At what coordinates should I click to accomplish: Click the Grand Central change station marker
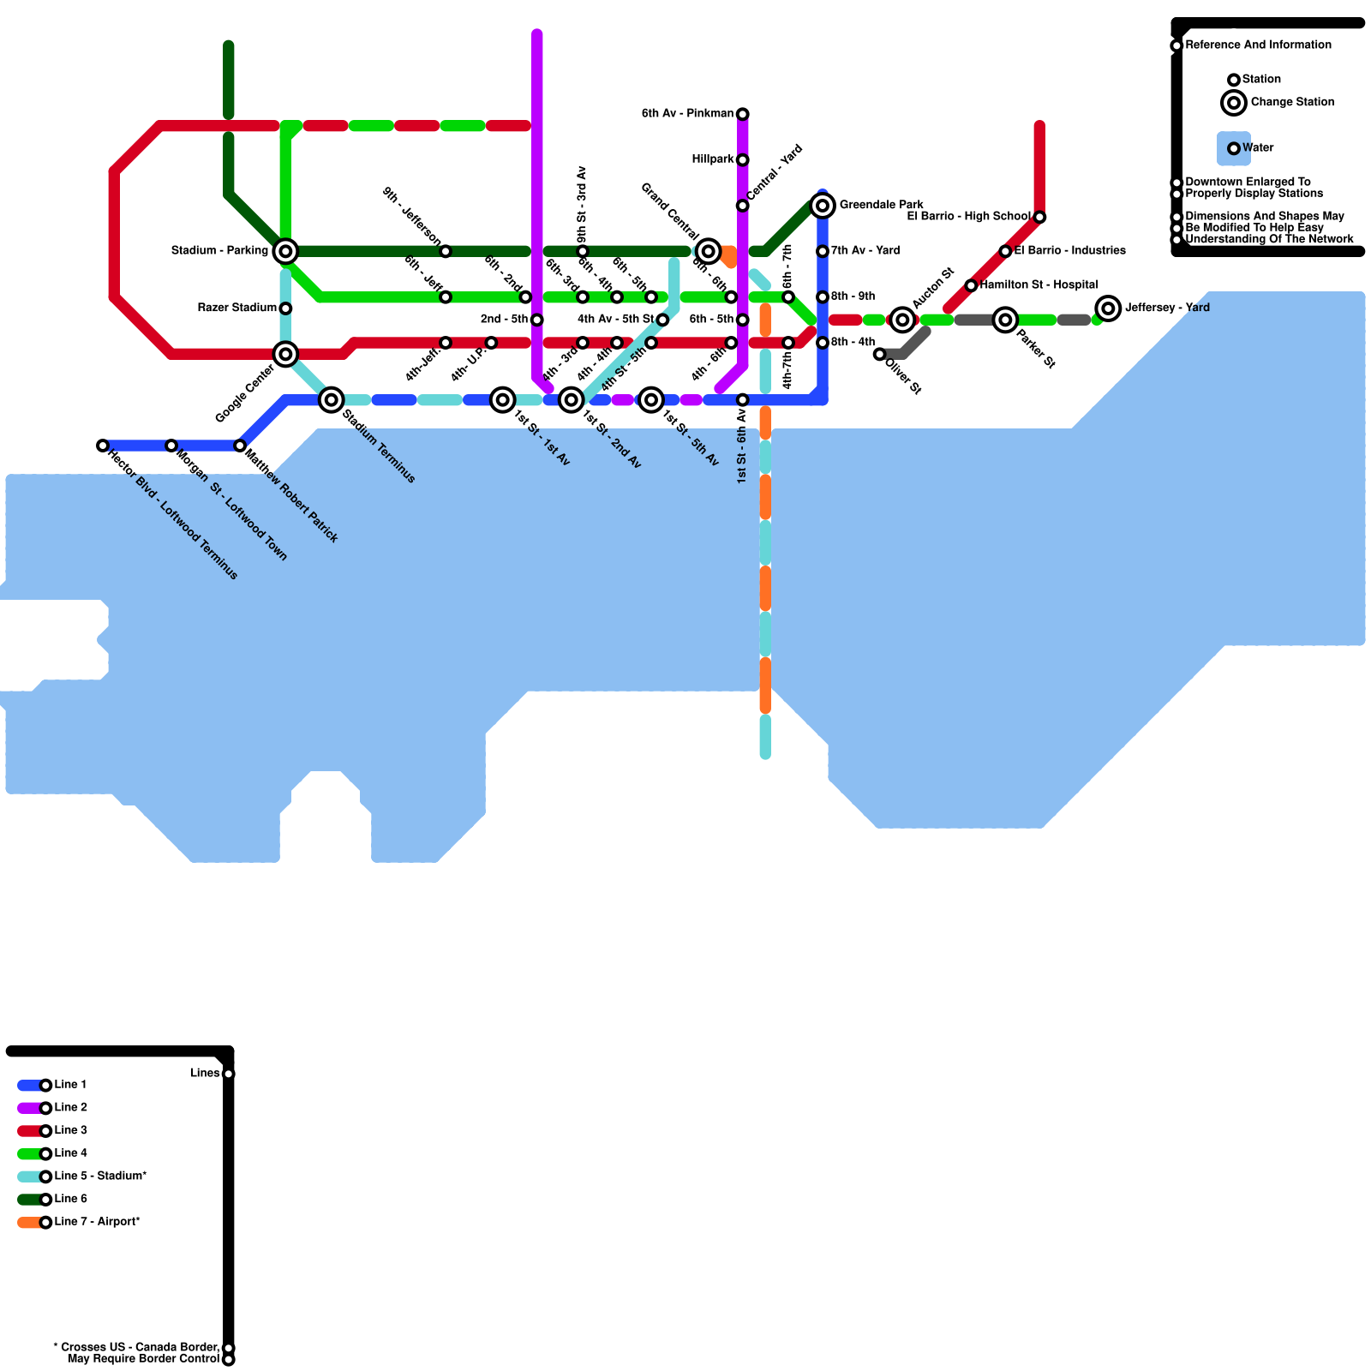pyautogui.click(x=708, y=251)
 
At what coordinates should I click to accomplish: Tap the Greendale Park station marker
pyautogui.click(x=823, y=206)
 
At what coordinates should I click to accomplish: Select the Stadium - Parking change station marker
pyautogui.click(x=286, y=251)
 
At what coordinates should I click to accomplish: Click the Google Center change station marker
pyautogui.click(x=286, y=354)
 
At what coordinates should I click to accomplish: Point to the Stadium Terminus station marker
pyautogui.click(x=332, y=399)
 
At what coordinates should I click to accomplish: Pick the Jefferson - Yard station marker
pyautogui.click(x=1108, y=308)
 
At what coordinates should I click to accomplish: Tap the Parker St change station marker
pyautogui.click(x=1005, y=320)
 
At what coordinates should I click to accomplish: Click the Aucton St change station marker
pyautogui.click(x=902, y=320)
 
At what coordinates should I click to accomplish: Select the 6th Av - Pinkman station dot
pyautogui.click(x=743, y=114)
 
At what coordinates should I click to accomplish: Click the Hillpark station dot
pyautogui.click(x=743, y=160)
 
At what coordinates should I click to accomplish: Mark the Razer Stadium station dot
pyautogui.click(x=286, y=308)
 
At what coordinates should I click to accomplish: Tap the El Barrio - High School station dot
pyautogui.click(x=1039, y=217)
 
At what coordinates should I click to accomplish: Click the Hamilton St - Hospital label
pyautogui.click(x=1039, y=284)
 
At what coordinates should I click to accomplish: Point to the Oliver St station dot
pyautogui.click(x=879, y=354)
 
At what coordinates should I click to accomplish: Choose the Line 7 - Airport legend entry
pyautogui.click(x=97, y=1222)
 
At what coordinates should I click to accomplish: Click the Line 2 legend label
pyautogui.click(x=71, y=1108)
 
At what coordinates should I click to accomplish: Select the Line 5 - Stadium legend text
pyautogui.click(x=100, y=1176)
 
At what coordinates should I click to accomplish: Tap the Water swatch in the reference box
pyautogui.click(x=1234, y=148)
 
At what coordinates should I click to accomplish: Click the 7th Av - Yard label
pyautogui.click(x=865, y=251)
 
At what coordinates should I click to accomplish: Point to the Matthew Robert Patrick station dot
pyautogui.click(x=240, y=446)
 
